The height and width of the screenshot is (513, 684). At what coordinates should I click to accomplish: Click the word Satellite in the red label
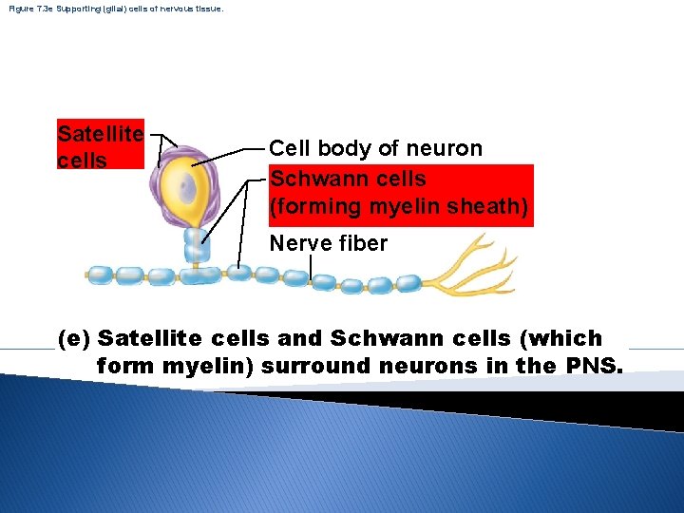pyautogui.click(x=100, y=135)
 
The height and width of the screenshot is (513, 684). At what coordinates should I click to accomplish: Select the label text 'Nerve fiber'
pyautogui.click(x=328, y=243)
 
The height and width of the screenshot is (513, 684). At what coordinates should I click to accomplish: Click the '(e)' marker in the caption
pyautogui.click(x=75, y=338)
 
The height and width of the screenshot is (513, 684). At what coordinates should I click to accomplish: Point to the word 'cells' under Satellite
pyautogui.click(x=82, y=160)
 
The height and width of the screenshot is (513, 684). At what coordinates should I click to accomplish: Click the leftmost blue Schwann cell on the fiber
pyautogui.click(x=100, y=275)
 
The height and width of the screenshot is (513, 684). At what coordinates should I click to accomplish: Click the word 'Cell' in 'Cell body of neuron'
pyautogui.click(x=290, y=148)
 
